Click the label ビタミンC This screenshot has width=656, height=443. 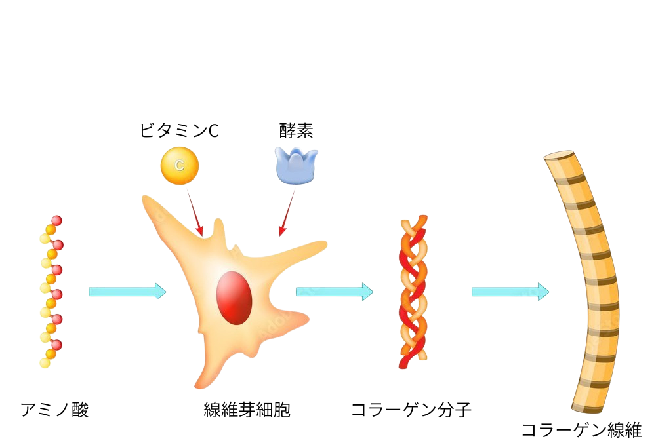pyautogui.click(x=179, y=131)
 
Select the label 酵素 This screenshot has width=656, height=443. pyautogui.click(x=297, y=131)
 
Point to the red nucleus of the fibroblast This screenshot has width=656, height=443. pyautogui.click(x=234, y=298)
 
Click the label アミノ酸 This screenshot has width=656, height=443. pyautogui.click(x=54, y=410)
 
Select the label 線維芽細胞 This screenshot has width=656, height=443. pyautogui.click(x=247, y=410)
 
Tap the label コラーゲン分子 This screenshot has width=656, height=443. pyautogui.click(x=411, y=410)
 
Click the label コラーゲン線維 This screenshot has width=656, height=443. pyautogui.click(x=581, y=430)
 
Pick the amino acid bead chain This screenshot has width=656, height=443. pyautogui.click(x=51, y=291)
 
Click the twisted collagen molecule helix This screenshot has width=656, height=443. pyautogui.click(x=413, y=291)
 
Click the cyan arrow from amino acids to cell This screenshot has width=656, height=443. pyautogui.click(x=127, y=291)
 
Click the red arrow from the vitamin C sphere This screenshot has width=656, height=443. pyautogui.click(x=195, y=213)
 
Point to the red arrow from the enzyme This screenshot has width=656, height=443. pyautogui.click(x=287, y=213)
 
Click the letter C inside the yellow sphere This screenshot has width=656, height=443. pyautogui.click(x=179, y=166)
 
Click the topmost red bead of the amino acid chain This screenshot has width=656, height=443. pyautogui.click(x=56, y=220)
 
